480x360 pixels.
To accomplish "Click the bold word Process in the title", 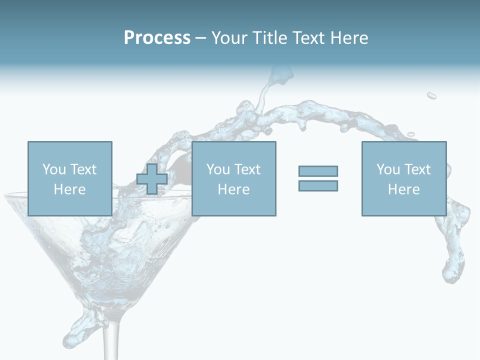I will [157, 38].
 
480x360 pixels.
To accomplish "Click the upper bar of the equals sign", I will [318, 171].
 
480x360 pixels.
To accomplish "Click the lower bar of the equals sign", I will [318, 185].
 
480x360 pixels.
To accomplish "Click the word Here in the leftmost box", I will [69, 189].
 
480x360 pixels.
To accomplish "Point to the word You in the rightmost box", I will [388, 169].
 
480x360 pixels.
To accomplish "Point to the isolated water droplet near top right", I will [431, 95].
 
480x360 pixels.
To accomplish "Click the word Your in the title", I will [231, 38].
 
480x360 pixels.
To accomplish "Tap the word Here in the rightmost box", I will [403, 189].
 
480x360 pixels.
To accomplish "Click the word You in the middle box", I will [218, 169].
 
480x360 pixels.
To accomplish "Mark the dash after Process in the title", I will [200, 38].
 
